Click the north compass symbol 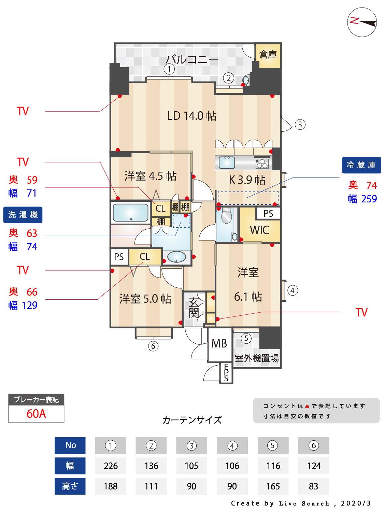click(362, 23)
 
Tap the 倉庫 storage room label click(268, 55)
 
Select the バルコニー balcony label click(192, 59)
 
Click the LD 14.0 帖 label click(191, 116)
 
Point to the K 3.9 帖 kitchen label click(247, 180)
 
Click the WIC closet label click(259, 230)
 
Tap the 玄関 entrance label click(194, 308)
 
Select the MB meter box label click(219, 343)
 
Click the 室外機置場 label click(257, 358)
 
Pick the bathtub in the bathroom click(130, 213)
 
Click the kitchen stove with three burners click(262, 163)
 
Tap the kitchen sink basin click(227, 162)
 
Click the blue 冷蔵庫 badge click(361, 165)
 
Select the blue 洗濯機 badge click(23, 215)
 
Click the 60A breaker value click(36, 414)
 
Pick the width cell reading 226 click(111, 466)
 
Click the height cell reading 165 click(273, 486)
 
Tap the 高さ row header click(70, 486)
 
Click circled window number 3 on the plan click(300, 125)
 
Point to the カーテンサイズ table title click(192, 420)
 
